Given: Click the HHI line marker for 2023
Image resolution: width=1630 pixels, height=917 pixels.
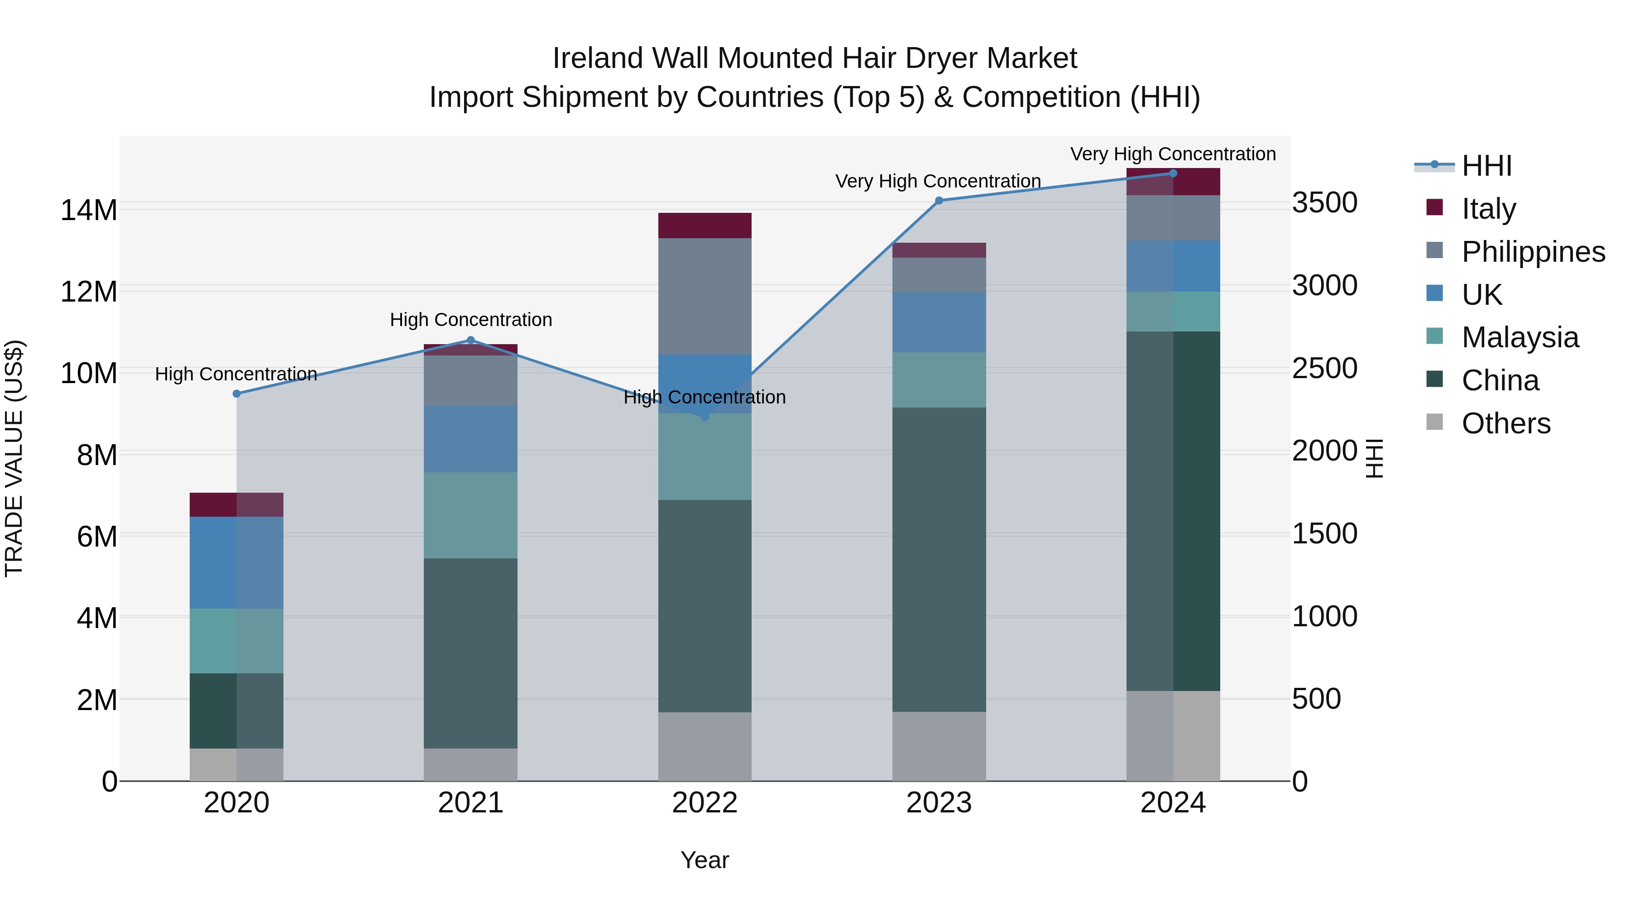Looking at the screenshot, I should tap(939, 201).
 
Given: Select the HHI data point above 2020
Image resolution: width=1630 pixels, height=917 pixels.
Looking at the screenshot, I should tap(237, 394).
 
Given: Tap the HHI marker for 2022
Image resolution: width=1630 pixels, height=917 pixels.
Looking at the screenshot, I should tap(705, 417).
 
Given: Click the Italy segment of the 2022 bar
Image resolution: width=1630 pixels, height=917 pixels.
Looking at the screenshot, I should tap(705, 226).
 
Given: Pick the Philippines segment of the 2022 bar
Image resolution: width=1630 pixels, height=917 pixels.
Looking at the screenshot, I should tap(705, 296).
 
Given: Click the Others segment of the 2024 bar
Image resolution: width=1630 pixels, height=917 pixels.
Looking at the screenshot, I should tap(1173, 735).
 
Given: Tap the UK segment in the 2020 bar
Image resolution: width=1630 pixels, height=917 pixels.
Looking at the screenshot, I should tap(237, 562).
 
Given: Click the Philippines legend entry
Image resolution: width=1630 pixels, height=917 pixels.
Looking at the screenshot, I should tap(1533, 251).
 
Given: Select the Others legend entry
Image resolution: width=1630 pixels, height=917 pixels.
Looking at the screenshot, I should tap(1505, 423).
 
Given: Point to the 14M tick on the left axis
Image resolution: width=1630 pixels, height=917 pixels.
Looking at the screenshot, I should tap(89, 210).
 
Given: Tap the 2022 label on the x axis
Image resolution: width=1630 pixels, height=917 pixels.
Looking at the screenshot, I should tap(705, 803).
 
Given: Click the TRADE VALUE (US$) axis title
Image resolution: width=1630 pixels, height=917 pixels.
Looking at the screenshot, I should tap(14, 458).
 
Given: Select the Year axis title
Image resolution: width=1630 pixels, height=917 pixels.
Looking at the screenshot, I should tap(705, 860).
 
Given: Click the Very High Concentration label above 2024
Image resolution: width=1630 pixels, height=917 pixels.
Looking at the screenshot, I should tap(1173, 154).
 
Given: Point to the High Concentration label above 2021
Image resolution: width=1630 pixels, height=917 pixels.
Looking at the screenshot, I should tap(471, 320).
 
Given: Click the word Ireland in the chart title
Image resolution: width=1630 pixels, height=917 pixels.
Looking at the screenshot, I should tap(598, 58).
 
